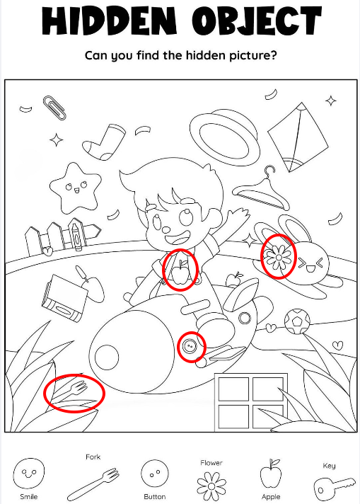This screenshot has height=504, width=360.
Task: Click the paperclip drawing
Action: [55, 108]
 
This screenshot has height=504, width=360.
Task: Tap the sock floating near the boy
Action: [103, 142]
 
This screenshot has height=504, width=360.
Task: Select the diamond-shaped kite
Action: [298, 137]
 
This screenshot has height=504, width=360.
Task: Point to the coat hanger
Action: [261, 190]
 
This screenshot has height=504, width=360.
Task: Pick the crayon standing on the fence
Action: [77, 234]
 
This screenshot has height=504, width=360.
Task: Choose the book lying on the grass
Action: [64, 298]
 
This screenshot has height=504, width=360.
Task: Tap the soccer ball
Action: [297, 321]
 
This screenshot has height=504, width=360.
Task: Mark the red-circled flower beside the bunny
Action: [278, 257]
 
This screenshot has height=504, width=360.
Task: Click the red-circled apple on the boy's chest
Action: [180, 273]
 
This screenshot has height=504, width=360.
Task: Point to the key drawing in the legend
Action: [334, 488]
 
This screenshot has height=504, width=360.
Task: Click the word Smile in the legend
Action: [28, 497]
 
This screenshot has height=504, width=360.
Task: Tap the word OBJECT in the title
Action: [257, 21]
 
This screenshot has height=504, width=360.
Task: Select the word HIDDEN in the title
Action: [109, 21]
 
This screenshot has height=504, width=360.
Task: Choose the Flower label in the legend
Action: [211, 463]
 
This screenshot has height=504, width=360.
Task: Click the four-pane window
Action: [250, 402]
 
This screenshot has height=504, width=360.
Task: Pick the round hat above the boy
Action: [224, 137]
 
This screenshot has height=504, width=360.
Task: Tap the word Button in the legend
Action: [154, 497]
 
